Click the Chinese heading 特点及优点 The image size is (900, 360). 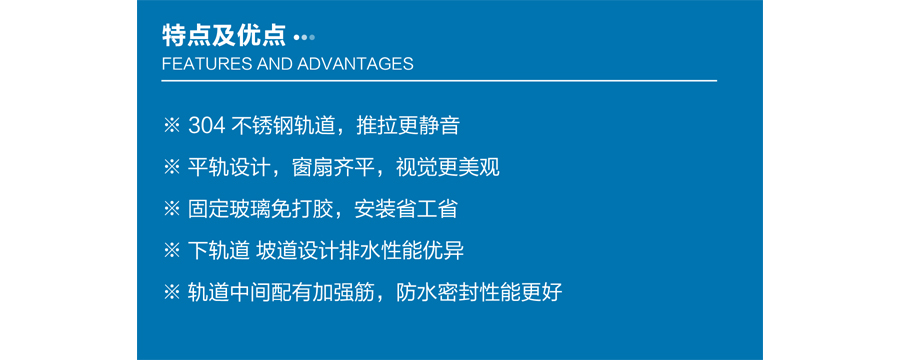click(224, 36)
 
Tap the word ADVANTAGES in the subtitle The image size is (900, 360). click(355, 64)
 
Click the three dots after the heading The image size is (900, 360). click(304, 38)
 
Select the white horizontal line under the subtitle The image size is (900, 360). click(439, 81)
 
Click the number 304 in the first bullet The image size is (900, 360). click(206, 126)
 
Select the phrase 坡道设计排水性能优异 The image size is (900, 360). click(359, 251)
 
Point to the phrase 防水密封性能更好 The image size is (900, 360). click(479, 293)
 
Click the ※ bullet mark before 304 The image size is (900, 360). click(172, 126)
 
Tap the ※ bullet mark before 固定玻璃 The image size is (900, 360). click(172, 210)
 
